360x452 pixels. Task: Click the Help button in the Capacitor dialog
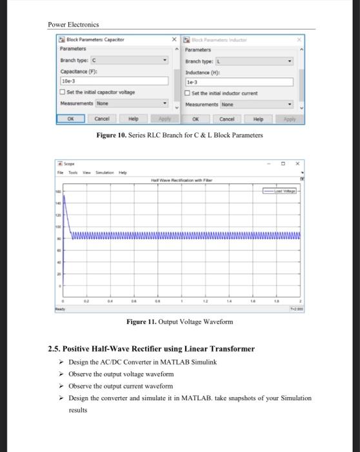pyautogui.click(x=133, y=119)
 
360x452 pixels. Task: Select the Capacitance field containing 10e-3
pyautogui.click(x=115, y=82)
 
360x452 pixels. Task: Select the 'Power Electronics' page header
pyautogui.click(x=74, y=25)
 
